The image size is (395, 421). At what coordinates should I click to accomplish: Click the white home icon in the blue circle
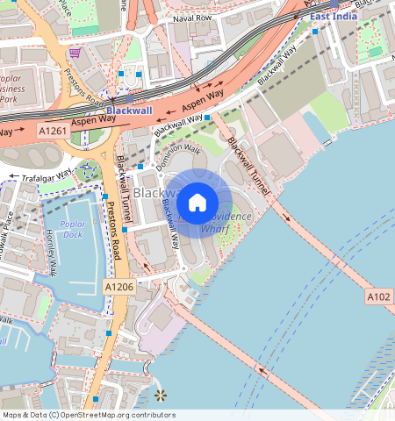pyautogui.click(x=197, y=203)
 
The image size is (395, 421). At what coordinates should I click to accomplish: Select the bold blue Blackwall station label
pyautogui.click(x=129, y=111)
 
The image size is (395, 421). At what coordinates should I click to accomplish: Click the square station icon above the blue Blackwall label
pyautogui.click(x=129, y=98)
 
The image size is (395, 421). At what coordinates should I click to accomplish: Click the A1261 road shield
pyautogui.click(x=54, y=130)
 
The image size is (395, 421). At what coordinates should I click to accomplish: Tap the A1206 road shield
pyautogui.click(x=119, y=287)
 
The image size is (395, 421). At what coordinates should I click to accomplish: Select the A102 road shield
pyautogui.click(x=379, y=297)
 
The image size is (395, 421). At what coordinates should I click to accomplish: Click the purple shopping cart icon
pyautogui.click(x=75, y=53)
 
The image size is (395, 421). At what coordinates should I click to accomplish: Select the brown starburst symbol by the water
pyautogui.click(x=160, y=396)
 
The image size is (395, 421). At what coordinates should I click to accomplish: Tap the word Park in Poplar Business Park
pyautogui.click(x=10, y=99)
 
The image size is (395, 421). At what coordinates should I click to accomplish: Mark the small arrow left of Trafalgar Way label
pyautogui.click(x=13, y=178)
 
